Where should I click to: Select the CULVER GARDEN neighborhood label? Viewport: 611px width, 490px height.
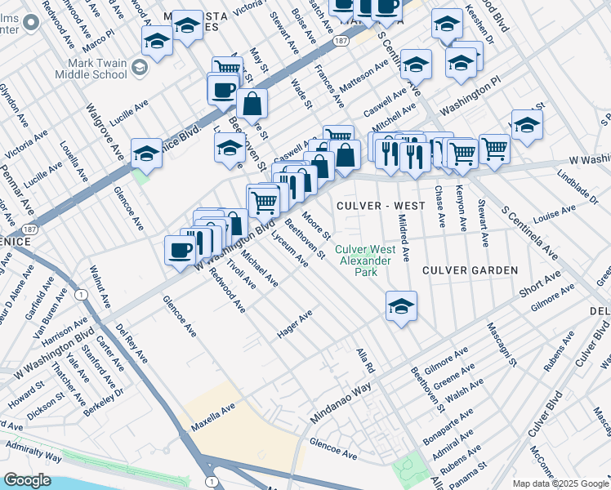pos(470,269)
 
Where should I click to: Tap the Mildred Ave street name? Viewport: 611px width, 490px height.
pos(403,238)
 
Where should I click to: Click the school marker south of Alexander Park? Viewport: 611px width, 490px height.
pos(401,306)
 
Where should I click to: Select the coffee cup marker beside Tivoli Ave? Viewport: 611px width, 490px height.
pos(180,250)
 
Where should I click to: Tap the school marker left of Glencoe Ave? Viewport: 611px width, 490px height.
pos(146,152)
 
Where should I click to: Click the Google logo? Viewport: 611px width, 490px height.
pos(27,480)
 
